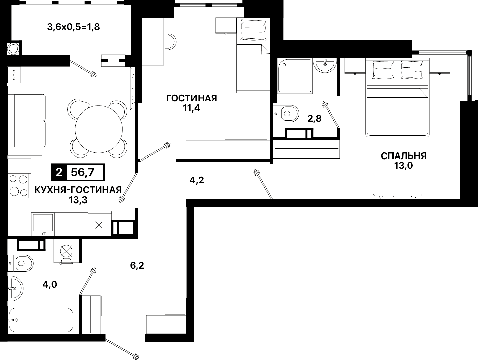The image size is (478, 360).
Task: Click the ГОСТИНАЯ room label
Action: point(191,98)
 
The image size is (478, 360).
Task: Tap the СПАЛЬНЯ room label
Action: point(403,156)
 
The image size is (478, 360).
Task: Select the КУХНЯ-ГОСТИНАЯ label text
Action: point(78,190)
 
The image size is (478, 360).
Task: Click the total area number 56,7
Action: point(83,172)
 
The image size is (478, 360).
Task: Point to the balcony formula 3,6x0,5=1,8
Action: point(74,27)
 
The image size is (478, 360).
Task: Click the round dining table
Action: point(99,130)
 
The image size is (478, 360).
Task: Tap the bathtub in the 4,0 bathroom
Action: point(41,320)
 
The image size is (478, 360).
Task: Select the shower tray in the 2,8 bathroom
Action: point(295,76)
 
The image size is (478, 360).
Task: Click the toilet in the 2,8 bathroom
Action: point(286,114)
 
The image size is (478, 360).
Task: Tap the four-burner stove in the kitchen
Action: point(18,186)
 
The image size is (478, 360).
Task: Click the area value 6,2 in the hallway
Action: point(137,266)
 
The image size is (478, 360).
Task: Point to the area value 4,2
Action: point(197,180)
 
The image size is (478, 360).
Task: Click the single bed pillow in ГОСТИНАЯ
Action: point(254,30)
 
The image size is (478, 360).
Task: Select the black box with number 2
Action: point(59,172)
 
